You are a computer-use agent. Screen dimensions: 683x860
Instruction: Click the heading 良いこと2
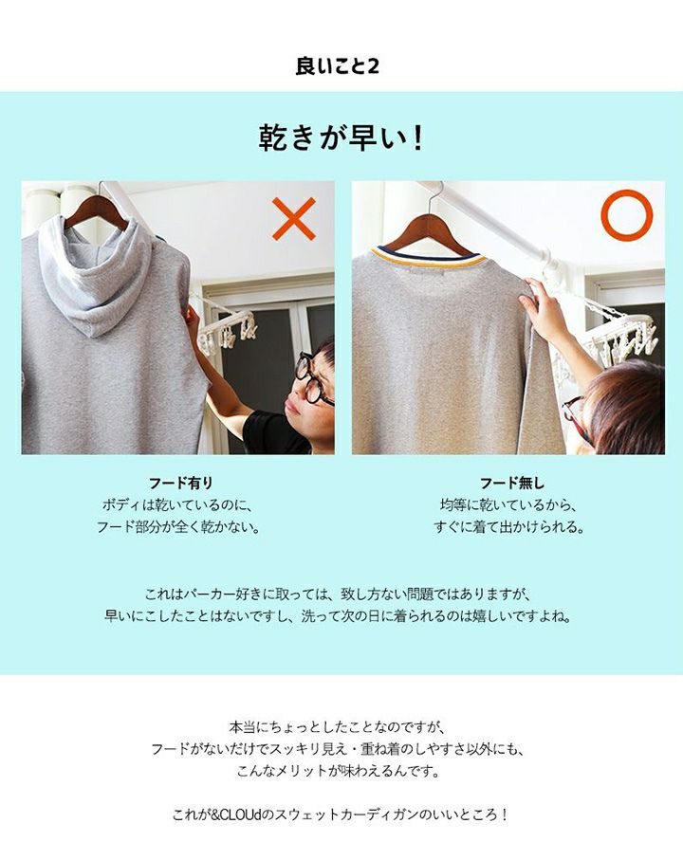[338, 66]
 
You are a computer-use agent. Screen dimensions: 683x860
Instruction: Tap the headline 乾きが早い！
[341, 137]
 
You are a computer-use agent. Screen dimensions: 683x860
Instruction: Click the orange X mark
[294, 218]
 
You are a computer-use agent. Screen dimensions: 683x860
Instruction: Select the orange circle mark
[626, 215]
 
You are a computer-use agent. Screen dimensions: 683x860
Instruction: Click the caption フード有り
[180, 484]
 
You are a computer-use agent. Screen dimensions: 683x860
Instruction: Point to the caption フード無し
[512, 484]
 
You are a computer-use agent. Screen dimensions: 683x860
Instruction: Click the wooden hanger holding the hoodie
[96, 211]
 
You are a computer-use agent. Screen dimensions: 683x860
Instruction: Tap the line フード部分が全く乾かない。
[178, 527]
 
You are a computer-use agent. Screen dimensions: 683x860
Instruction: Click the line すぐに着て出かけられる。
[509, 527]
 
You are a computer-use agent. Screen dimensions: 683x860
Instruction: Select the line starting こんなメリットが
[339, 771]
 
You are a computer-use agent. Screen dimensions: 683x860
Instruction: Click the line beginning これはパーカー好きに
[339, 594]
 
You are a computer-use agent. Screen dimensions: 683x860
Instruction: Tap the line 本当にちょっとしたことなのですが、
[337, 727]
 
